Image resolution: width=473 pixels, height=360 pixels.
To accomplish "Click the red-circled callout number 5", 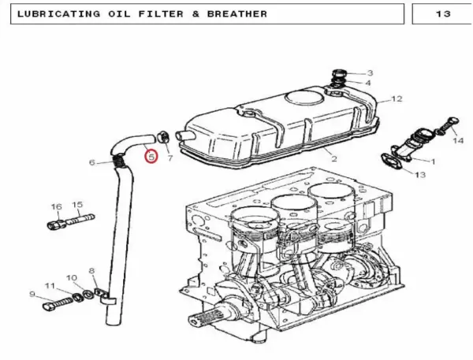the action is [x=151, y=157].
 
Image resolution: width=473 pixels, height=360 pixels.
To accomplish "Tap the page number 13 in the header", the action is [x=443, y=14].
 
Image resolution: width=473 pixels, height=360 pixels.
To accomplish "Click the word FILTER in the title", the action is [x=161, y=14].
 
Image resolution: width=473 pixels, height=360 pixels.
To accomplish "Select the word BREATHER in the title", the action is [x=237, y=14].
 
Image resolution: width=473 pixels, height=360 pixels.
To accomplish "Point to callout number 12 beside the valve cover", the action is [x=397, y=98].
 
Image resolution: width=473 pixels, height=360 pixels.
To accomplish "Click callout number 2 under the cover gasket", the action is [x=334, y=158].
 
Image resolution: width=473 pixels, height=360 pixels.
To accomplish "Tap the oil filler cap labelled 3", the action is [x=339, y=73].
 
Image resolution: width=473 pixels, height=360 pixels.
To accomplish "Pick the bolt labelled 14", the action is [x=446, y=125].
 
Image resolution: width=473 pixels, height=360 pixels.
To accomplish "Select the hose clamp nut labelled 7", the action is [x=163, y=137].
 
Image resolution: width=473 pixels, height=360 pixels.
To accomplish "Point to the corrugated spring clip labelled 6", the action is [x=120, y=161].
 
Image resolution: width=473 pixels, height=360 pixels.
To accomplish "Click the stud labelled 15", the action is [x=80, y=219].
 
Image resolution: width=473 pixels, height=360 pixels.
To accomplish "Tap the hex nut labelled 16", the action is [x=56, y=224].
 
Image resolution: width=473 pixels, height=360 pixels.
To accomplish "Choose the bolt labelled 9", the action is [x=58, y=303].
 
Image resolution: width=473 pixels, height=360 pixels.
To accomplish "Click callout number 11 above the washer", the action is [x=50, y=285].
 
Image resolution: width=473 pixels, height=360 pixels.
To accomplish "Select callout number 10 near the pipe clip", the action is [x=72, y=278].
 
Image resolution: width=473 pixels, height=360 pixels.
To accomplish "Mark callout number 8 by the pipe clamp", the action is [x=91, y=271].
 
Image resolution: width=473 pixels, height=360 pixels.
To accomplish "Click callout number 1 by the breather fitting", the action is [x=433, y=161].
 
